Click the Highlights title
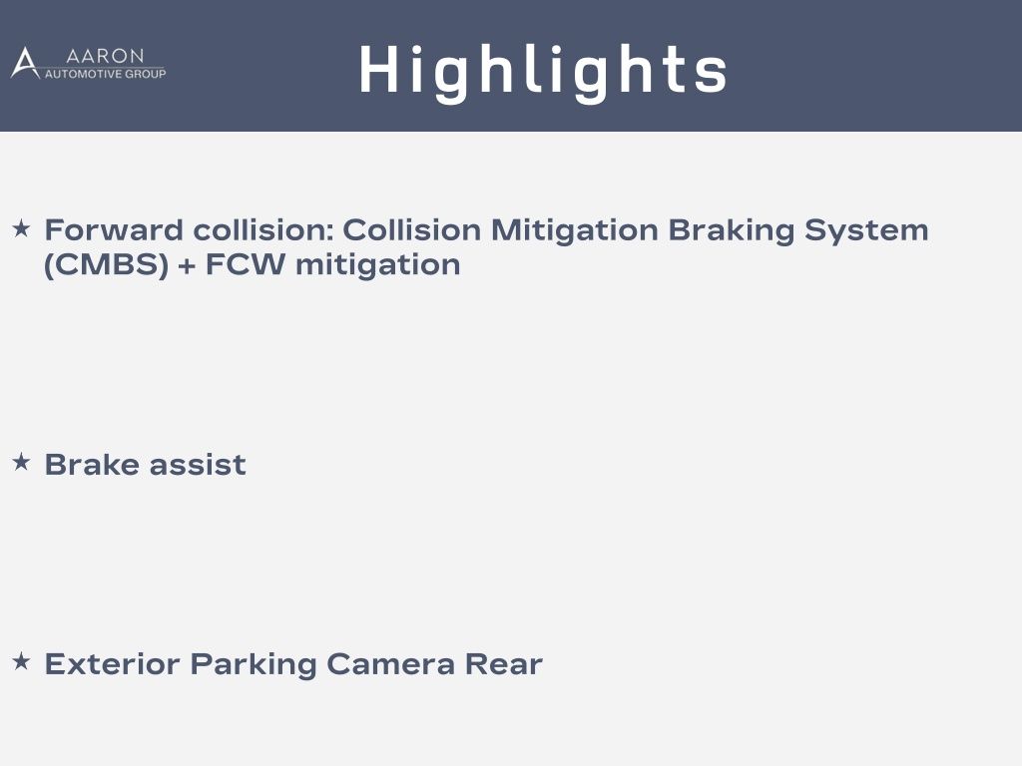543,72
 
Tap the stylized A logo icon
25,63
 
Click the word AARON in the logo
105,56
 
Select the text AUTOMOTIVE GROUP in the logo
105,74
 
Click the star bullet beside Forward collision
22,228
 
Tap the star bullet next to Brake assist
22,463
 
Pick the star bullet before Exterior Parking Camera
22,662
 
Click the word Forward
114,230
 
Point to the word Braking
732,231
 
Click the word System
866,231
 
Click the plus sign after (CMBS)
187,266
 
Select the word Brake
92,465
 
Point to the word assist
199,465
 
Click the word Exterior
112,664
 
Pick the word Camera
390,664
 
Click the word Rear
504,664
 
